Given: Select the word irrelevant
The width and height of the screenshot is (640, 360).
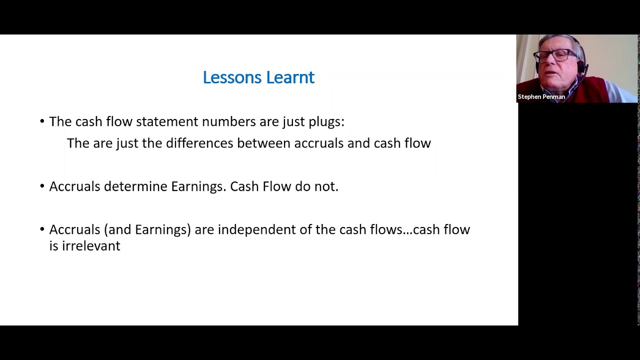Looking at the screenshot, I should tap(91, 246).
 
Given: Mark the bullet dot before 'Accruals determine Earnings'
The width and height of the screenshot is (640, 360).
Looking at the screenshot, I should tap(42, 186).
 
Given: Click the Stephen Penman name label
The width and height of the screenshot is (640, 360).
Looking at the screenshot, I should tap(541, 97).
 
